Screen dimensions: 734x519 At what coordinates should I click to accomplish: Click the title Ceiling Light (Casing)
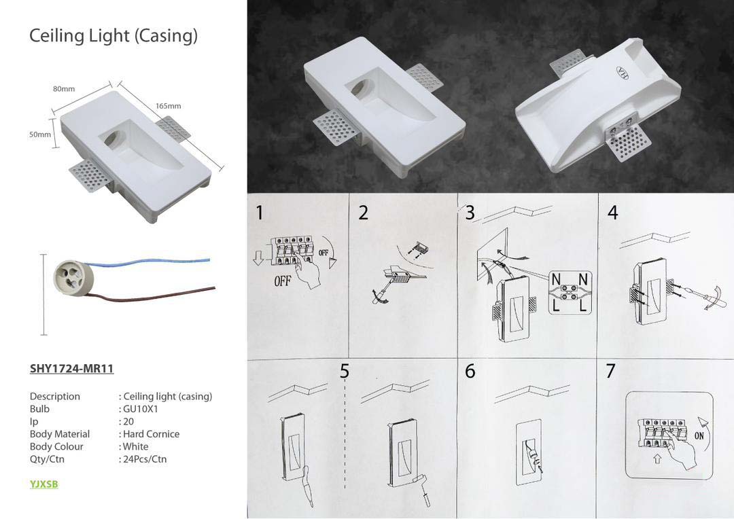[x=113, y=36]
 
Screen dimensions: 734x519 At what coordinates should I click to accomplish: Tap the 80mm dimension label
[x=64, y=89]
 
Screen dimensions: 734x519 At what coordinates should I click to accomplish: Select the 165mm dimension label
[x=168, y=106]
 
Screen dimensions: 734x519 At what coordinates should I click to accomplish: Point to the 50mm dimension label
[x=40, y=135]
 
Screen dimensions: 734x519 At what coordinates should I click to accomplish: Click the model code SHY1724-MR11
[x=71, y=369]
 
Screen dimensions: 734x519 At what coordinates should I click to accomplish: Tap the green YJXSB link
[x=44, y=484]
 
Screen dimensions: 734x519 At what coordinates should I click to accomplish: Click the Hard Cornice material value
[x=151, y=434]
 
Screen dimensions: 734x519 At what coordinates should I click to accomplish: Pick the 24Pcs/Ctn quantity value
[x=145, y=459]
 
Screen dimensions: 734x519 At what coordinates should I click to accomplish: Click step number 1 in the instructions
[x=260, y=213]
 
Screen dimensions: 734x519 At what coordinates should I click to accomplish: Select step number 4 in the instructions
[x=613, y=213]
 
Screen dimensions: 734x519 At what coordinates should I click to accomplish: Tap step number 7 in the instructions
[x=610, y=371]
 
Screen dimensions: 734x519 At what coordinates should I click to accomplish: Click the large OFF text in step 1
[x=282, y=281]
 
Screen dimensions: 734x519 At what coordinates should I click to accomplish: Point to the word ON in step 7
[x=699, y=435]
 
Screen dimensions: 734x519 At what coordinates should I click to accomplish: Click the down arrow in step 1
[x=258, y=258]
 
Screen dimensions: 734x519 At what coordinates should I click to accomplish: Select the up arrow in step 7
[x=657, y=459]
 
